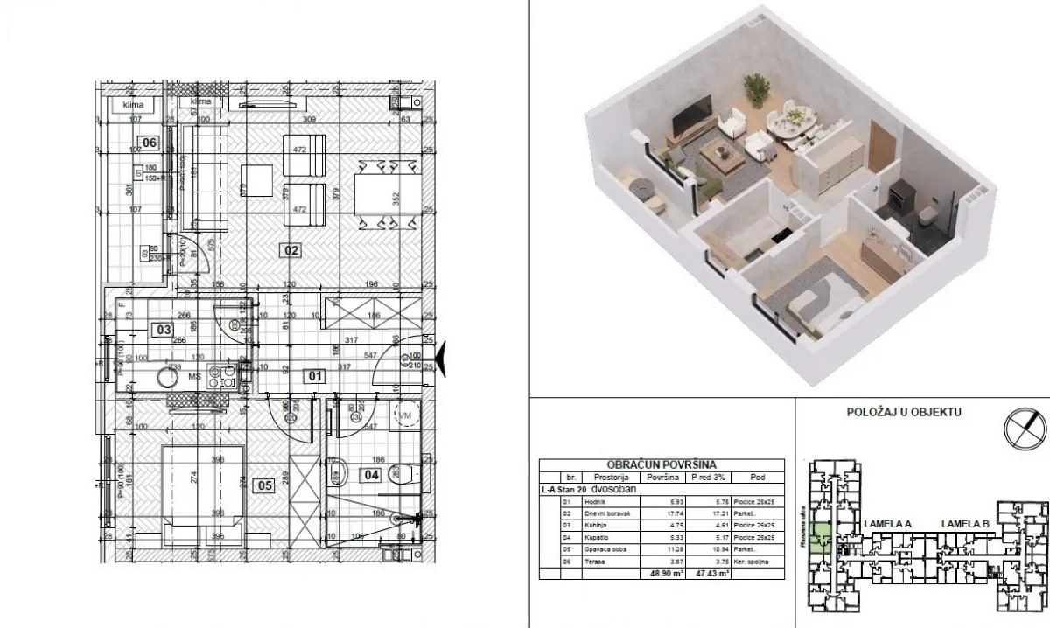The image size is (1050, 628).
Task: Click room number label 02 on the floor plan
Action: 290,251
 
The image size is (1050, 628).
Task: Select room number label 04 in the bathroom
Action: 371,477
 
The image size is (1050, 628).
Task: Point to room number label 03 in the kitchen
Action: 162,330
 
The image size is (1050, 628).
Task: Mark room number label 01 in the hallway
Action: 313,377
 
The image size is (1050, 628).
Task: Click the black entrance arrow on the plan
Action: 441,359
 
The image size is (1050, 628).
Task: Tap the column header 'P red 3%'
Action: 706,478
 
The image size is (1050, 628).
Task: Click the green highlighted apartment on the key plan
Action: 822,536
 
